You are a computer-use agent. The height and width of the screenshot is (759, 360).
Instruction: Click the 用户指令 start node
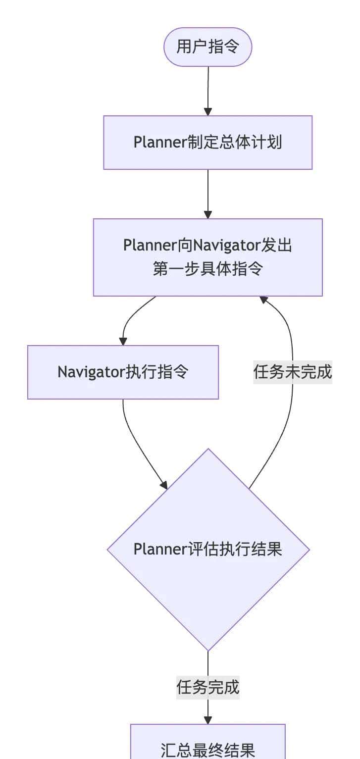pos(208,47)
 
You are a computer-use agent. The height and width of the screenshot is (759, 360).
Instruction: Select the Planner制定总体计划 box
pos(208,143)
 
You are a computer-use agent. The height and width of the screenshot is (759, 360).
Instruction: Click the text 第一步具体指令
pos(208,269)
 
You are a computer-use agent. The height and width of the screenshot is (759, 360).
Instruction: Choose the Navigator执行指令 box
pos(123,372)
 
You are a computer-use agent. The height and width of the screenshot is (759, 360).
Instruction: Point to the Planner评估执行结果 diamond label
pos(208,549)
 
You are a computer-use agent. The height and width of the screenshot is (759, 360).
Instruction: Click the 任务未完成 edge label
pos(292,372)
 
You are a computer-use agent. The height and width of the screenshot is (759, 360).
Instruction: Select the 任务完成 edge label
pos(208,687)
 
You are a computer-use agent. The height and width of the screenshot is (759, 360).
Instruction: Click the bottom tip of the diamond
pos(208,650)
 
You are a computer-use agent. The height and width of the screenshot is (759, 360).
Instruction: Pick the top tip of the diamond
pos(208,449)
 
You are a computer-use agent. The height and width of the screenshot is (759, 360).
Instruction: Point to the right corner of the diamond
pos(309,550)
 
